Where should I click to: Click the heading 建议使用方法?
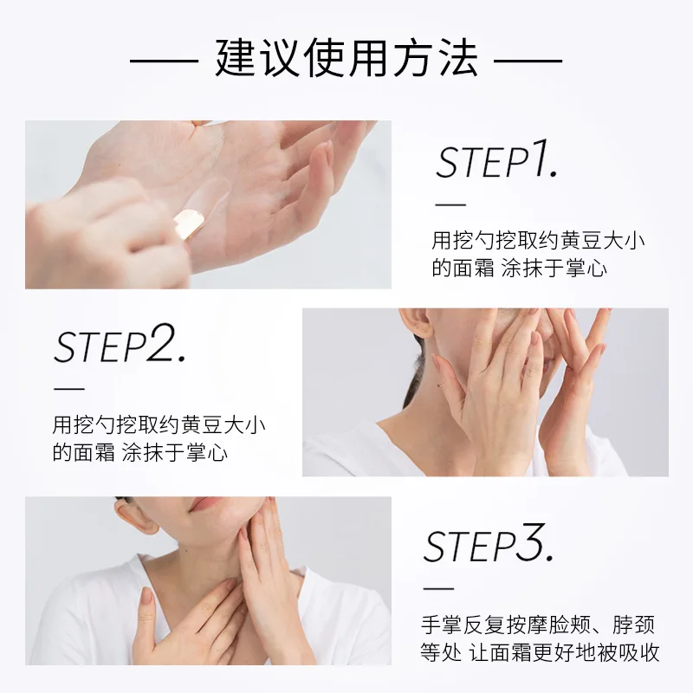click(x=346, y=59)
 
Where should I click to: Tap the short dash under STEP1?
click(x=450, y=204)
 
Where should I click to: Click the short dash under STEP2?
click(x=69, y=389)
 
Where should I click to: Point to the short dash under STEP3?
click(x=438, y=588)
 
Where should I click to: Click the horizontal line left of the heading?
click(x=164, y=60)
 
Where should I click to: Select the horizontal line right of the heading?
click(x=528, y=60)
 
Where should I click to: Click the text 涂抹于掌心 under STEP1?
click(x=554, y=269)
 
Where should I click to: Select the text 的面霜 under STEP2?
click(x=83, y=453)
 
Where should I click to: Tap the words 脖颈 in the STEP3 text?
click(x=634, y=625)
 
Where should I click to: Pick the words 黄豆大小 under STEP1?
click(x=603, y=241)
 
